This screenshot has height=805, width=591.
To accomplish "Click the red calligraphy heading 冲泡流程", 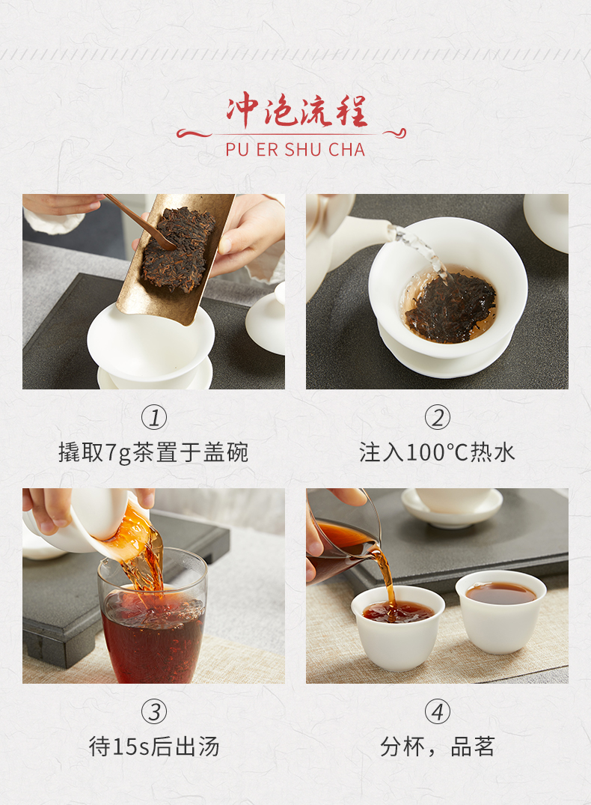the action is pos(296,110).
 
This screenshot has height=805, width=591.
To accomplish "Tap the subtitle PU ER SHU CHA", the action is pos(295,150).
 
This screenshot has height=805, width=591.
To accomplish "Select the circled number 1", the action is pos(154,417).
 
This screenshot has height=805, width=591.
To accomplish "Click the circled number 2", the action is pos(437,417).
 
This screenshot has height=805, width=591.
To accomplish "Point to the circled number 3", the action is pos(154,712).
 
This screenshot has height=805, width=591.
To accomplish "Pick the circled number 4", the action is pos(437,712).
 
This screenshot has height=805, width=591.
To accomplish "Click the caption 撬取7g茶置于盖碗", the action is pos(153,453).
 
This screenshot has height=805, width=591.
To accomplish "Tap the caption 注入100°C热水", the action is pos(437,453).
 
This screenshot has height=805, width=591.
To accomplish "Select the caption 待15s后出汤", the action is pos(154,747).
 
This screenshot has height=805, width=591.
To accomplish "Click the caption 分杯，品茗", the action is pos(437,747).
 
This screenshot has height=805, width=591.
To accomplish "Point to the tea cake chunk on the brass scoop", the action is pos(177,249).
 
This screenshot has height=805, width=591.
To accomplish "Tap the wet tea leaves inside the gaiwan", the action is pos(450,307).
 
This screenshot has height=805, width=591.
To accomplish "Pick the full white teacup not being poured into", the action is pos(500,611).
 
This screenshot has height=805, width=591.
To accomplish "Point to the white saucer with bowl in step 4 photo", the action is pos(452,507).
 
